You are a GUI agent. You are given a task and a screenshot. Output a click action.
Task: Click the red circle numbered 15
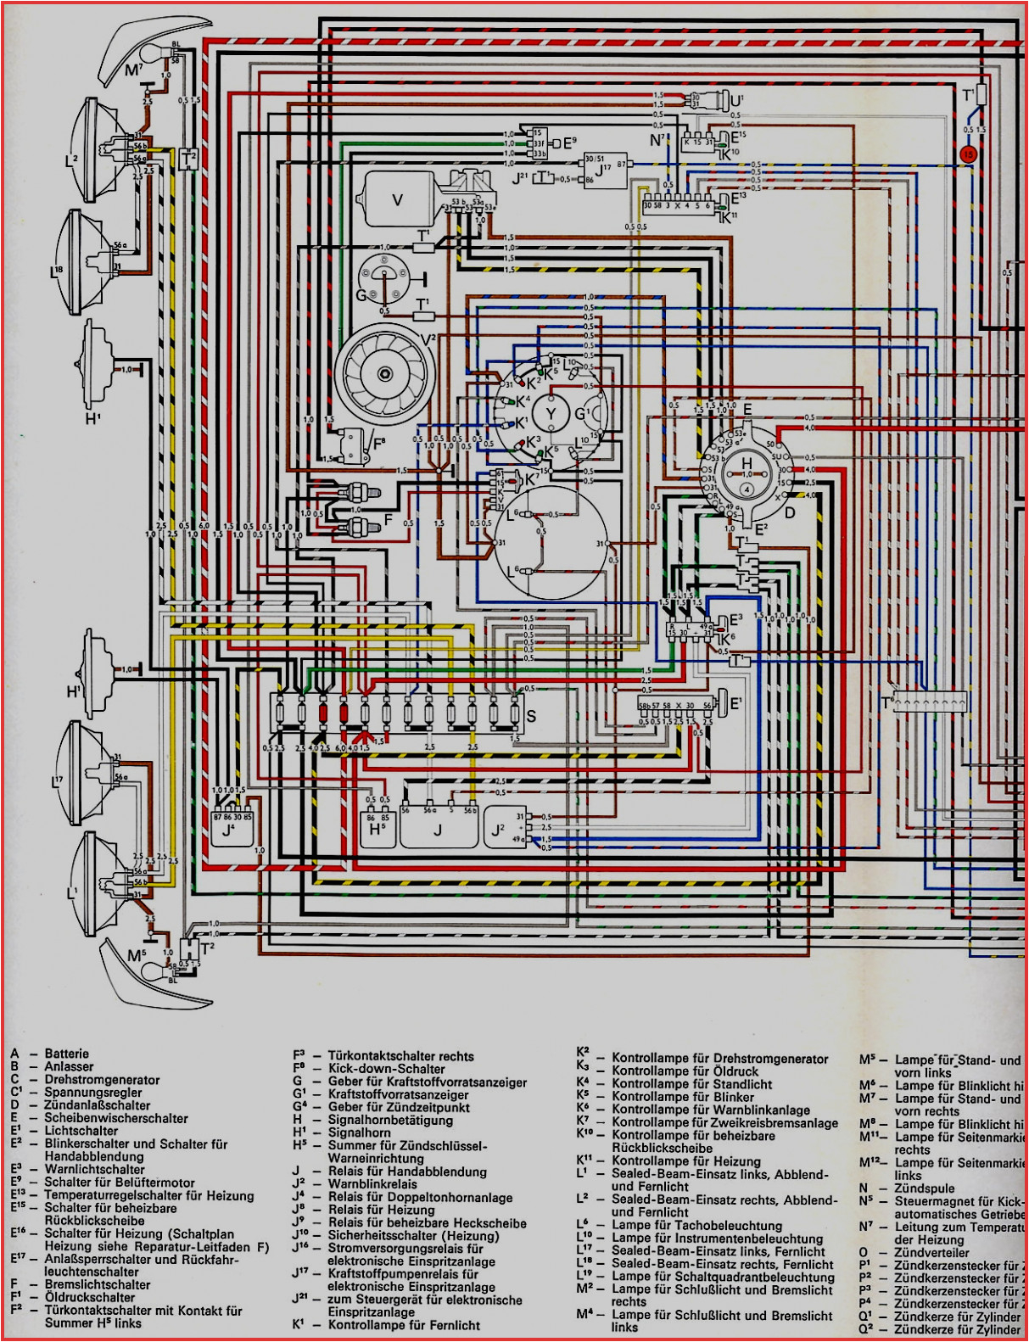(969, 154)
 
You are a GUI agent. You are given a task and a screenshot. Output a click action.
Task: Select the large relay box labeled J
(438, 827)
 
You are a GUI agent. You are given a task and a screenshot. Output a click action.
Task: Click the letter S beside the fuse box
(531, 717)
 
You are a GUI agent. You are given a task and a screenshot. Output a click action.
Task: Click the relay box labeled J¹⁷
(605, 169)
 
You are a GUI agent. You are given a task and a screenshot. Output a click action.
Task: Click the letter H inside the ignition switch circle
(747, 463)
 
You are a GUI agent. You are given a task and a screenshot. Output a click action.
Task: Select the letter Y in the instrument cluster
(551, 413)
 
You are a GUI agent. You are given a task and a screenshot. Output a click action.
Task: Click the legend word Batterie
(67, 1054)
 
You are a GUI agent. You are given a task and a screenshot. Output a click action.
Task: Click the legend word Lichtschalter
(81, 1130)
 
